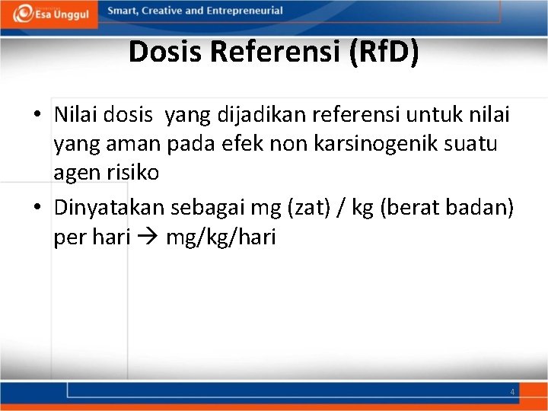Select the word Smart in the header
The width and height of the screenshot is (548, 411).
123,11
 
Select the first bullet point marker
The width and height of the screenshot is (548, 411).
37,115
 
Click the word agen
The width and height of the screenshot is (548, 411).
75,173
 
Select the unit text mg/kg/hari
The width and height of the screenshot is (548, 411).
220,238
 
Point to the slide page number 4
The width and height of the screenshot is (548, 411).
512,391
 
